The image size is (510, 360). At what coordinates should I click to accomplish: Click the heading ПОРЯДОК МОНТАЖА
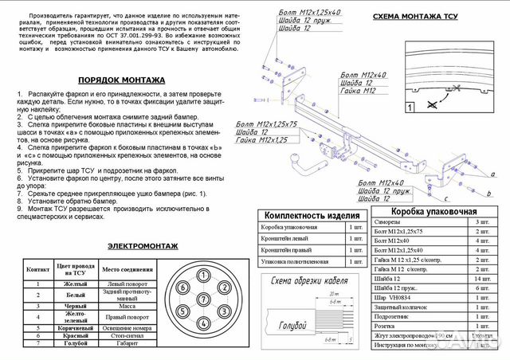122,80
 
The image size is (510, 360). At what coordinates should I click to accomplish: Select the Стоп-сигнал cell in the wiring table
127,337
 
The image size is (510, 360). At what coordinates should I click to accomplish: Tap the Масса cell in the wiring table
127,306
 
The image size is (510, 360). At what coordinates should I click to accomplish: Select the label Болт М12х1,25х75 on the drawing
266,124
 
